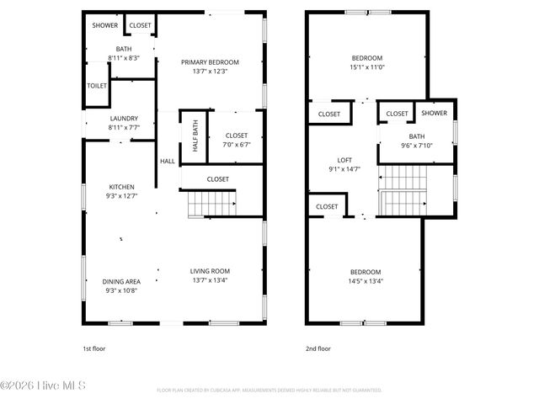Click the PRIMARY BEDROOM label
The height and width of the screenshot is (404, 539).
211,62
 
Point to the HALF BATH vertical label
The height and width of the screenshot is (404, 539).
195,136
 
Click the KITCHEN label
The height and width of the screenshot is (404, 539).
121,187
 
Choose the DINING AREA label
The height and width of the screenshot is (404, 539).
121,281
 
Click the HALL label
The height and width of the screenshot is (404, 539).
168,161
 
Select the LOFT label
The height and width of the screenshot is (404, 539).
344,160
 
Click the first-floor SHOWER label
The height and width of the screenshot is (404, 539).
105,25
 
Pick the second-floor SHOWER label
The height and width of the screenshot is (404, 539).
434,113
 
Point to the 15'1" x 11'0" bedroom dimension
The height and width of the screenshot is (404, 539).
366,67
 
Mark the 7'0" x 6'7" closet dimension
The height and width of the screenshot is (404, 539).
236,145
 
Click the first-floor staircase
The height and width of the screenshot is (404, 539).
211,203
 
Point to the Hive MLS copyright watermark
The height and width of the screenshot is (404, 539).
43,386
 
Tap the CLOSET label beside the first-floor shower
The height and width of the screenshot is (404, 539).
140,25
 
